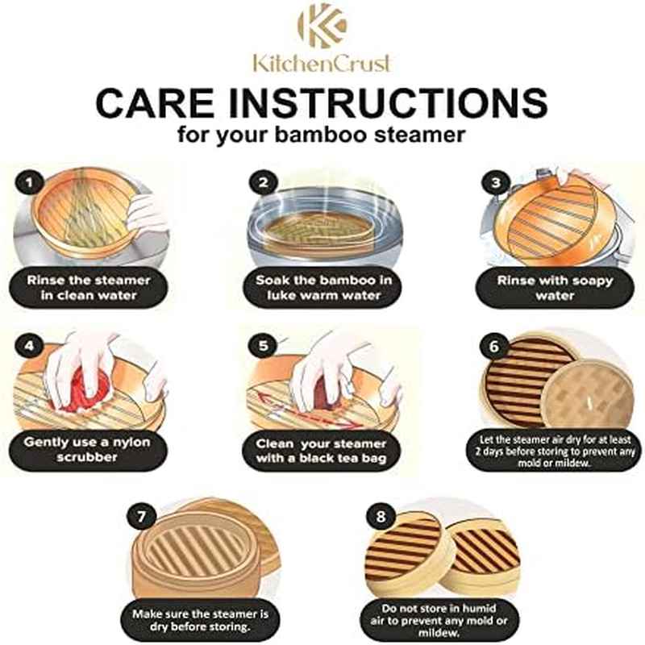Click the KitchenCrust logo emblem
[322, 26]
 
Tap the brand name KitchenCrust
[322, 63]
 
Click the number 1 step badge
[31, 182]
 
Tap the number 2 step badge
[262, 182]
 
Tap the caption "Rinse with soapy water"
[556, 288]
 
